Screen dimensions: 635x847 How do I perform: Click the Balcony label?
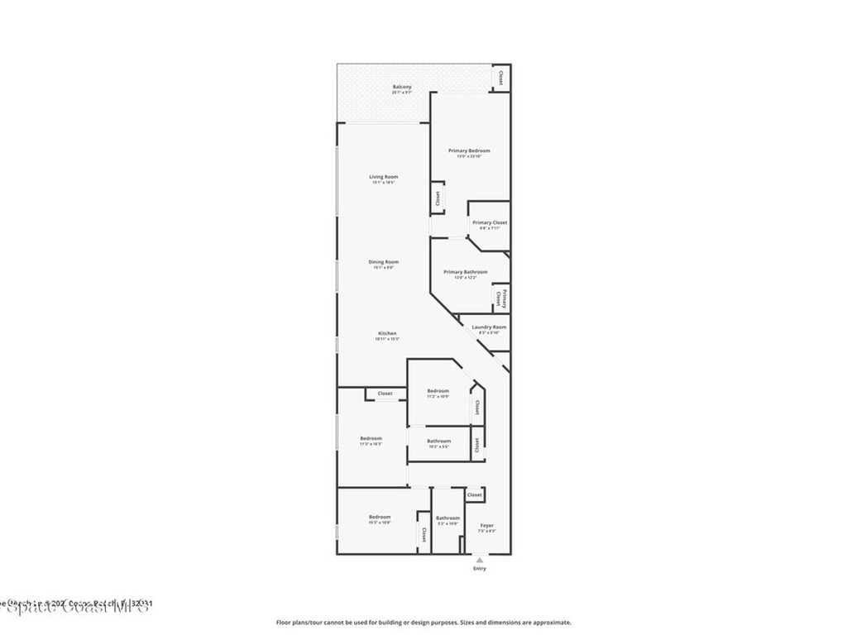pos(402,88)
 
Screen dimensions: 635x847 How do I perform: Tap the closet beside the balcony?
pos(500,78)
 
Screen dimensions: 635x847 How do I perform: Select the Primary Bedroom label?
pos(469,152)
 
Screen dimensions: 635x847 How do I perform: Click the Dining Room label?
pos(383,264)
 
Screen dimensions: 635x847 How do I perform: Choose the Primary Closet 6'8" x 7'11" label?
pos(490,225)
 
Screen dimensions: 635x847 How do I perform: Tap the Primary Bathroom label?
pos(465,274)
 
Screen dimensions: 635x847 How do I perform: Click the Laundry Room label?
pos(489,328)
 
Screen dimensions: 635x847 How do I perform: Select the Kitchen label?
pos(387,335)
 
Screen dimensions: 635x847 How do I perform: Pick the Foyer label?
pos(487,527)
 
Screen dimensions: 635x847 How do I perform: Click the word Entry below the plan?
pos(480,569)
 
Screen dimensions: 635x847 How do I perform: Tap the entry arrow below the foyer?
pos(479,560)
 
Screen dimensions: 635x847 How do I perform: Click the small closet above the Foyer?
pos(475,494)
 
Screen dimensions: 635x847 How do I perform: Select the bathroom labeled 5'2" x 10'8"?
pos(447,520)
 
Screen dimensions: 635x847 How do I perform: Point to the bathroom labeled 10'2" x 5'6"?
pos(439,442)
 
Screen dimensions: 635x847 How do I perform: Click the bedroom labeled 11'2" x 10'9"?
pos(438,393)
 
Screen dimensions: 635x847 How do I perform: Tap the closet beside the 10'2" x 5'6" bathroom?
pos(477,443)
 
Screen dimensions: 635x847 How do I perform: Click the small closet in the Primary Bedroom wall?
pos(438,199)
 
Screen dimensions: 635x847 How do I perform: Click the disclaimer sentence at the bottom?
pos(423,623)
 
